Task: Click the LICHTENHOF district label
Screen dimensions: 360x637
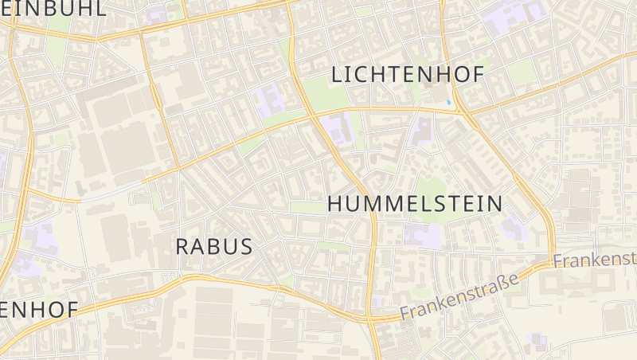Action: click(407, 75)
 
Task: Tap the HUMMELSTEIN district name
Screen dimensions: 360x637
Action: click(415, 204)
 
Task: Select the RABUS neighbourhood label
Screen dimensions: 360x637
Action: click(213, 247)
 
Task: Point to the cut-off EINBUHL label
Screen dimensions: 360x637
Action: click(53, 8)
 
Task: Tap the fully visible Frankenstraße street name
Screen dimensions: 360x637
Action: click(459, 295)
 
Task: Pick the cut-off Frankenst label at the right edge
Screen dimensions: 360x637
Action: click(596, 260)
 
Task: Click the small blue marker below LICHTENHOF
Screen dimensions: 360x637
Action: click(450, 102)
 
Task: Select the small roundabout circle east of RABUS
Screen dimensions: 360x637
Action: click(280, 237)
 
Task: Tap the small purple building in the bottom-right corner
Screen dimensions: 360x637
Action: click(541, 340)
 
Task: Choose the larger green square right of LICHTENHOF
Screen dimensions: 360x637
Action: click(522, 72)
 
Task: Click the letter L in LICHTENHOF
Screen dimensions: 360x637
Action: click(336, 75)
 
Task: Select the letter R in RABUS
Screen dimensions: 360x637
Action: click(182, 247)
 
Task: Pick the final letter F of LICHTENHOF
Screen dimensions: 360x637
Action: click(477, 75)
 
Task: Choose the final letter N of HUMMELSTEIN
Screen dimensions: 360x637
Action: click(494, 204)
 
